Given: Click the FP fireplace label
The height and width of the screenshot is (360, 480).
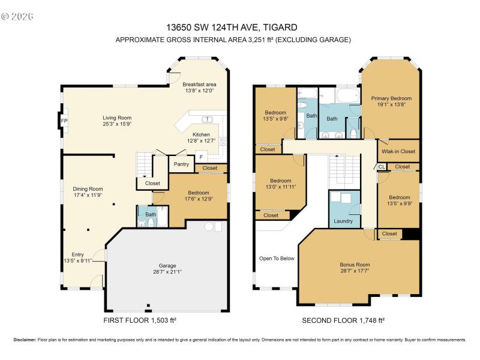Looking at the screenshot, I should (64, 121).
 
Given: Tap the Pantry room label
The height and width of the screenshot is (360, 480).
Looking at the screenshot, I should (181, 164).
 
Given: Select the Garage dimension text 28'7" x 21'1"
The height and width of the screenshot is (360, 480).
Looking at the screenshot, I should (167, 272).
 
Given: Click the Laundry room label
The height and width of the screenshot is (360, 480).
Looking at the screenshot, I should (343, 221).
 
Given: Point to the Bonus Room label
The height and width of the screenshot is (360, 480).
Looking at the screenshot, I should (355, 265).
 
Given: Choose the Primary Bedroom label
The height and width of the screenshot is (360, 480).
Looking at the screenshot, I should (391, 98).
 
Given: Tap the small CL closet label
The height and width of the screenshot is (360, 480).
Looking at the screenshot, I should (382, 167).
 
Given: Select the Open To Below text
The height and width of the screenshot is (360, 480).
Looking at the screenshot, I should (277, 259).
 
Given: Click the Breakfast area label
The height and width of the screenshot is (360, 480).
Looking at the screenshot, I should (199, 84).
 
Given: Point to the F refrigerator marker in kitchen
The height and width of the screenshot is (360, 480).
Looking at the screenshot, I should (201, 158).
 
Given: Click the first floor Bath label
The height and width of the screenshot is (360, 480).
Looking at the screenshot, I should (151, 213).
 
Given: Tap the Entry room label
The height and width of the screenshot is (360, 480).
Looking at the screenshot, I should (78, 254).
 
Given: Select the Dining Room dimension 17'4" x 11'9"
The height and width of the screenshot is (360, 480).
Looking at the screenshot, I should (88, 195).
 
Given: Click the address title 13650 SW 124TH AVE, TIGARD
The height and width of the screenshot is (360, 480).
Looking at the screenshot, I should (232, 27).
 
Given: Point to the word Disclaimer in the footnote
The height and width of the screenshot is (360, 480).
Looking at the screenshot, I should (25, 340).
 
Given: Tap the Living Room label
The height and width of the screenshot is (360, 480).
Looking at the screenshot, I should (117, 118).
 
